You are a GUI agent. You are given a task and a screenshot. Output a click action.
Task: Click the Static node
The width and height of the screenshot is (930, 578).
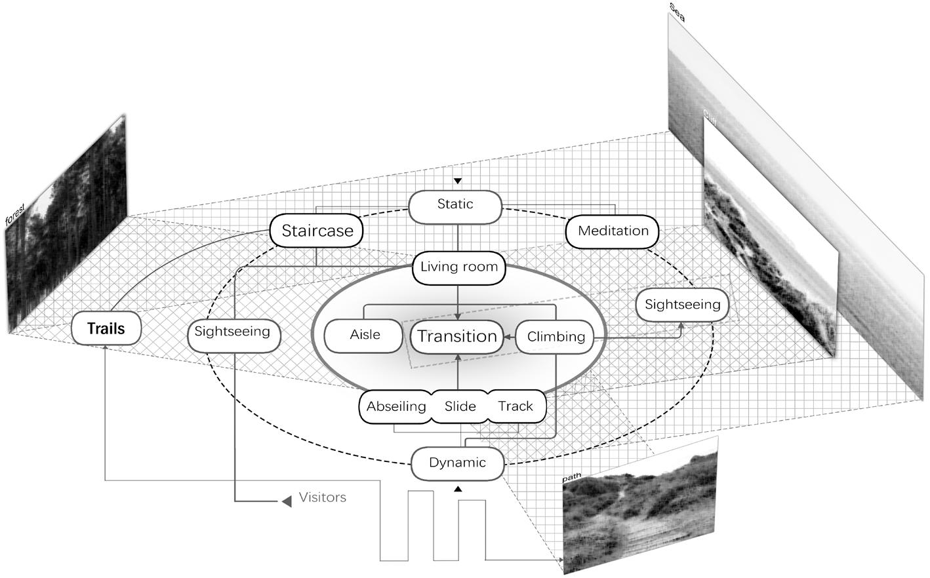click(455, 205)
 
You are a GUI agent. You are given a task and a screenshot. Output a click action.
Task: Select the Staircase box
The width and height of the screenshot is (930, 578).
click(317, 231)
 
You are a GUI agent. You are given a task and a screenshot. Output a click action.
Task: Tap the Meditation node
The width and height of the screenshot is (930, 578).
click(613, 231)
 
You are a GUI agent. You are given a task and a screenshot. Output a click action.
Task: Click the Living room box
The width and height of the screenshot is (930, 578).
click(458, 267)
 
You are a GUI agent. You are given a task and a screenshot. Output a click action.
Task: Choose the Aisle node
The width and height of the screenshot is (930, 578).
click(365, 335)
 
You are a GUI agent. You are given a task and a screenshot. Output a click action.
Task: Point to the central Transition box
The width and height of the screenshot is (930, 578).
click(457, 337)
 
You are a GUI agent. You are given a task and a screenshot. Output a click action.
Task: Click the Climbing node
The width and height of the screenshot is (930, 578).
click(556, 337)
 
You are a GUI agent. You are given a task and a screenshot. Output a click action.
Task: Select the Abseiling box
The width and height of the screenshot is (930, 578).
click(395, 406)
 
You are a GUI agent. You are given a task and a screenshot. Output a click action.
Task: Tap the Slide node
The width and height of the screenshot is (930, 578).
click(460, 406)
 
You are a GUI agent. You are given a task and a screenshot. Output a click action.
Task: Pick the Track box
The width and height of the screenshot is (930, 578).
click(516, 406)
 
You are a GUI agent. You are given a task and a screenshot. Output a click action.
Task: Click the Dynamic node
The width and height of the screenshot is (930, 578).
click(457, 463)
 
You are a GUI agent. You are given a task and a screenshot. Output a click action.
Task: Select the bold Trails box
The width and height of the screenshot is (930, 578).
click(106, 328)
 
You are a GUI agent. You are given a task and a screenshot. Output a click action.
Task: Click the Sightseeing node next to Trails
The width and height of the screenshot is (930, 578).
click(232, 332)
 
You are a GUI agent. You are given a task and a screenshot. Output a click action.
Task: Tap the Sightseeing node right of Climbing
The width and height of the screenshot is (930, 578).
click(682, 305)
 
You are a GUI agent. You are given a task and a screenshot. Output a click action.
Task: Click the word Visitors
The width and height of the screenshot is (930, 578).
click(322, 497)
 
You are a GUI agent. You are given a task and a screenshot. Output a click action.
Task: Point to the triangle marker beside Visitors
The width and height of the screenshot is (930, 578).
click(287, 501)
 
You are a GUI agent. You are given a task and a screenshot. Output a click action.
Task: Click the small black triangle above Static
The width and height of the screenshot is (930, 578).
click(458, 180)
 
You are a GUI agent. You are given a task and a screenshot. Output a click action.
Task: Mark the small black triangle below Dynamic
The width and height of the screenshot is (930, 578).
click(458, 489)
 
